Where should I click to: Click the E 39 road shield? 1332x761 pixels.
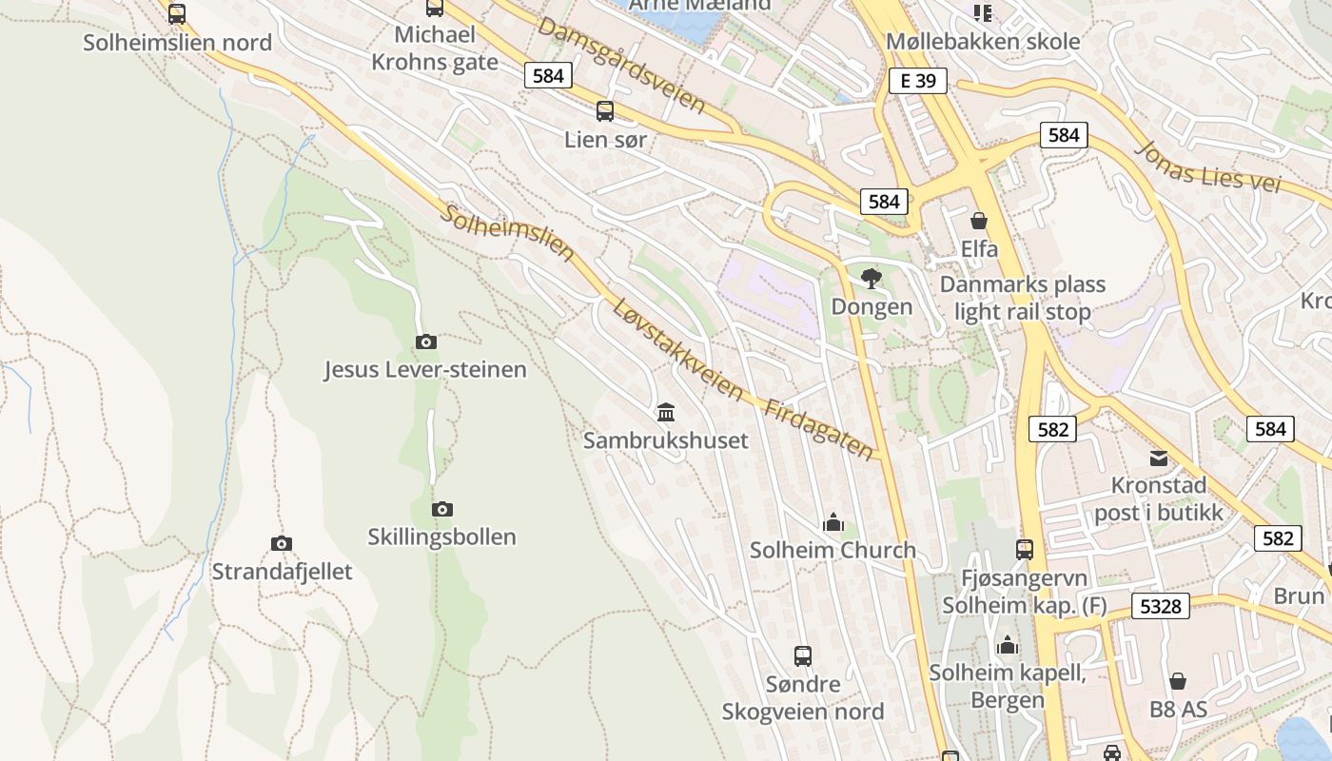point(918,81)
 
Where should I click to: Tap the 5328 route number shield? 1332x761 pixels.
point(1161,606)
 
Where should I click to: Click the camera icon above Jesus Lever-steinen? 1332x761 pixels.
point(426,341)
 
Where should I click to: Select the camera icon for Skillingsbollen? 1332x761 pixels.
point(442,509)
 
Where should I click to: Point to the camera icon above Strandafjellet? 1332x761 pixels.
point(282,543)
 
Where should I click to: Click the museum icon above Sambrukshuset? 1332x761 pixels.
point(666,412)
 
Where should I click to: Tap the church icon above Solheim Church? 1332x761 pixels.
point(833,522)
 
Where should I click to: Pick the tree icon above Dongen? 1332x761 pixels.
point(871,279)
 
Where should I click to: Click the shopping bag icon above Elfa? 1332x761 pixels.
point(979,221)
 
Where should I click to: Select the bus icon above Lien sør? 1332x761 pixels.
point(605,111)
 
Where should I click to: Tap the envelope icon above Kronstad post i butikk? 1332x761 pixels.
point(1158,459)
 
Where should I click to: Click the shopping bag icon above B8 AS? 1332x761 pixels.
point(1178,681)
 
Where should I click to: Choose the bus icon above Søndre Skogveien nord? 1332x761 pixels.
point(803,655)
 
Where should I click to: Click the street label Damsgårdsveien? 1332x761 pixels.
point(621,65)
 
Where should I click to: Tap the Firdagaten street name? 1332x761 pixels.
point(818,428)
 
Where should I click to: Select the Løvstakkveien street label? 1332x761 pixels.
point(677,349)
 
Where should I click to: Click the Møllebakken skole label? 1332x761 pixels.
point(983,41)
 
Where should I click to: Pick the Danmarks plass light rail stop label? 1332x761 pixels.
point(1023,298)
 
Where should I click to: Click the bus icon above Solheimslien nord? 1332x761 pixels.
point(177,14)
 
